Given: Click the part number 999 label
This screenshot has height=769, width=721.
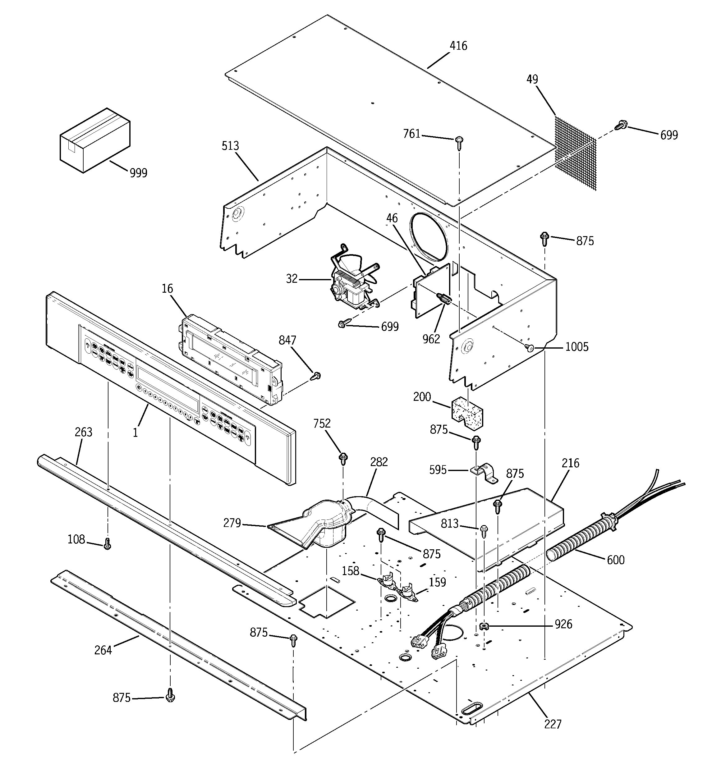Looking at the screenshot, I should (138, 173).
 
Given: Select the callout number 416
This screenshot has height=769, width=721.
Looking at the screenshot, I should (458, 46).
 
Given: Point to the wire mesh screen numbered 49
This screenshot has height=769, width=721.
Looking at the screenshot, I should (576, 153).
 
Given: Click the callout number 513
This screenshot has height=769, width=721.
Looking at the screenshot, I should (230, 146).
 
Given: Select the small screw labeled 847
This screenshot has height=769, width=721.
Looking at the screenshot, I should (316, 376).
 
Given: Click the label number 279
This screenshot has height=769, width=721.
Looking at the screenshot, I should (232, 523).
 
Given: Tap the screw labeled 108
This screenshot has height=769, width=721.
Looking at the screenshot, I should (108, 544).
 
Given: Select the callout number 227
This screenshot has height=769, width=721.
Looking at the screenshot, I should (553, 724).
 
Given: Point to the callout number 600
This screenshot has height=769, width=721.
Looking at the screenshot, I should (616, 560).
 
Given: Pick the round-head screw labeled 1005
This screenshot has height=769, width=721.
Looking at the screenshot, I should (530, 348).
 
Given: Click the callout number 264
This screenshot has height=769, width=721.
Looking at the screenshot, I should (103, 650).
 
